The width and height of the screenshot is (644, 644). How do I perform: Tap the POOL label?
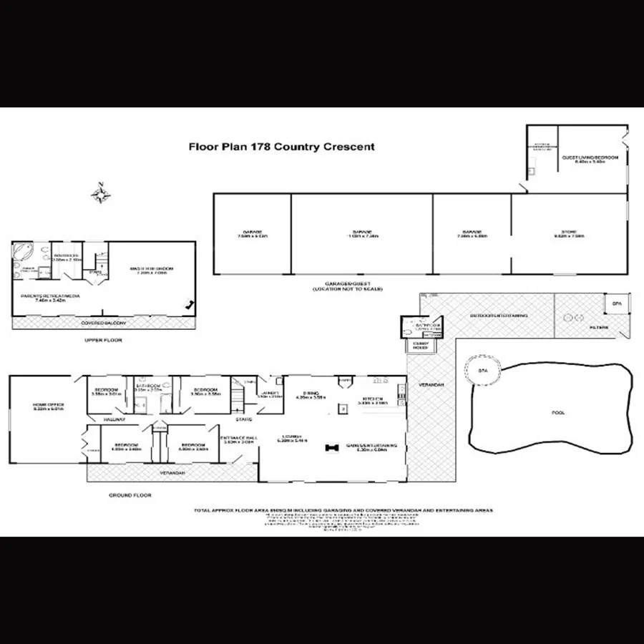(557, 413)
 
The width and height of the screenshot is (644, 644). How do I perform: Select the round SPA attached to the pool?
(484, 370)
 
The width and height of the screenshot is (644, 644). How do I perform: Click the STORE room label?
(570, 233)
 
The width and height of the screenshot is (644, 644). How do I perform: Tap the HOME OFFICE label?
(48, 406)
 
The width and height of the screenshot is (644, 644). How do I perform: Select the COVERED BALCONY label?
(102, 323)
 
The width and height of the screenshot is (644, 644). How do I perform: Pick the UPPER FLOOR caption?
(103, 340)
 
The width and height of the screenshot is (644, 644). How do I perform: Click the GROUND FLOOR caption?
(130, 494)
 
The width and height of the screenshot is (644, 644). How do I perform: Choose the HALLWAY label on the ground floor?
(114, 419)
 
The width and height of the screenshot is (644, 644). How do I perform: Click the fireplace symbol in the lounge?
(331, 447)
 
